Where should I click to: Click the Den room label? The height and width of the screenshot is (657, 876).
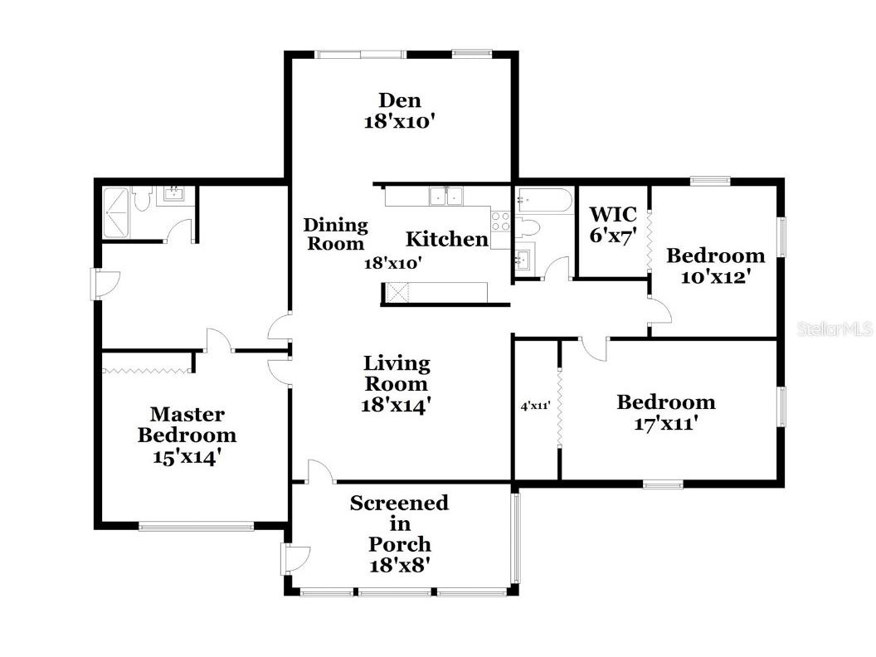400,100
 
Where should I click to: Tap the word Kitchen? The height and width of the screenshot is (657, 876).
446,240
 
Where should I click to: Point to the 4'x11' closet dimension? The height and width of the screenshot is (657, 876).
536,406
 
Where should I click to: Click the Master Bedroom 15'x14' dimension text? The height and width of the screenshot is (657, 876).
187,455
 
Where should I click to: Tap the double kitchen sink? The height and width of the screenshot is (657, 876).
446,196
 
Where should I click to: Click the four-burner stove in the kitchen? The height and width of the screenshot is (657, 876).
501,221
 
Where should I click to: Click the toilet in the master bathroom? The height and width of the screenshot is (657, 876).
142,199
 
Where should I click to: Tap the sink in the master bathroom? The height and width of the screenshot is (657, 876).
173,196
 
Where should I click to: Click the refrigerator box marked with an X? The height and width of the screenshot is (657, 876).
397,292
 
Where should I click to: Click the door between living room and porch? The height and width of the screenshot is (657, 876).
320,472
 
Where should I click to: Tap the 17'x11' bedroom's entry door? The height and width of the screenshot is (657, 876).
592,348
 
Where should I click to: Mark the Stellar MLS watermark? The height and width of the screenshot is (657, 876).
835,329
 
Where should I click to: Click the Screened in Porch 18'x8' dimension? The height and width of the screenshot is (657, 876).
400,566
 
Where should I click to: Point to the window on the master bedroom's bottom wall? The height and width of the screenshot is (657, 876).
196,525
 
